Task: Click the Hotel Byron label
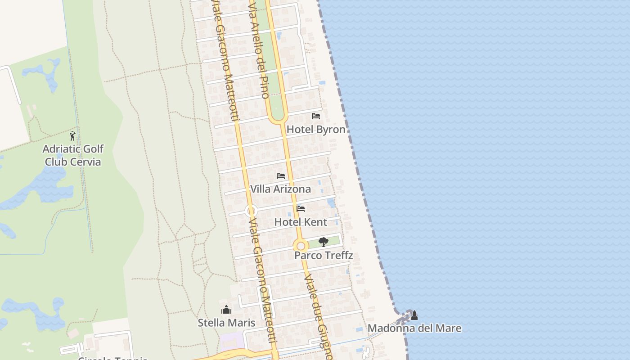[x=316, y=130]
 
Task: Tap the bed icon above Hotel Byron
[x=316, y=116]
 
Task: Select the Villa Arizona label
[x=280, y=189]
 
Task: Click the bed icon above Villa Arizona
[x=281, y=176]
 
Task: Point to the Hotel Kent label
[x=301, y=222]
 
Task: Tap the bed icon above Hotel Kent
[x=301, y=209]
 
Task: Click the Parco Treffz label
[x=323, y=256]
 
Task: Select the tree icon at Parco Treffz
[x=323, y=242]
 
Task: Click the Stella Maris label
[x=226, y=323]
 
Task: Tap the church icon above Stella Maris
[x=226, y=310]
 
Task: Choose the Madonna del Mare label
[x=414, y=328]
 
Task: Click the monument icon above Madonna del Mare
[x=414, y=315]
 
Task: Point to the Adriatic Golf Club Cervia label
[x=73, y=155]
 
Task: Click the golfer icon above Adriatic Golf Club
[x=72, y=135]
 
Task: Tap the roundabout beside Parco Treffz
[x=301, y=246]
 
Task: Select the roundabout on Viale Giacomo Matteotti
[x=251, y=211]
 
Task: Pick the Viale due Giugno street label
[x=317, y=310]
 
